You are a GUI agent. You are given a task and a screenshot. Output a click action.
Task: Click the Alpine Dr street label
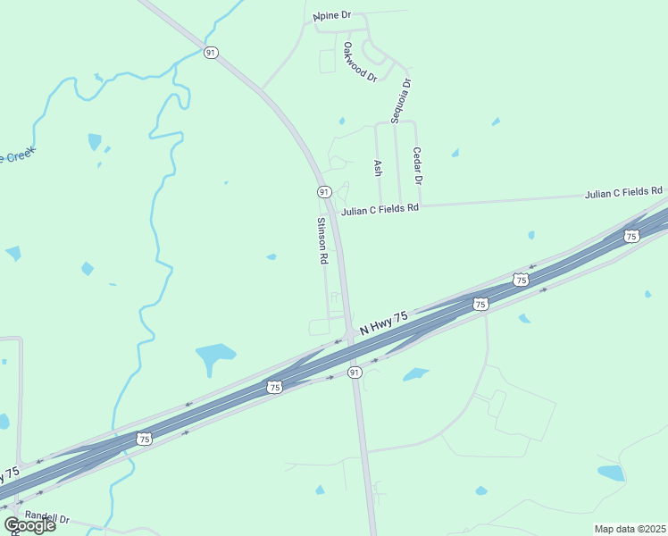[x=332, y=17]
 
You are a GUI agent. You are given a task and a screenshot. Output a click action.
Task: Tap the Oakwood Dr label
[x=360, y=62]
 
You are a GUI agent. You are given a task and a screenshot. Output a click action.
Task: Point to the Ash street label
[x=377, y=168]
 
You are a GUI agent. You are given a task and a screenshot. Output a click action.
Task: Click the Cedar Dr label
[x=417, y=166]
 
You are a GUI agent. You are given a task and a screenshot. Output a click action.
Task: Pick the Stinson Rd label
[x=322, y=240]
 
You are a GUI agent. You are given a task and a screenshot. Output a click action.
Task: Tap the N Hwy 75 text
[x=384, y=323]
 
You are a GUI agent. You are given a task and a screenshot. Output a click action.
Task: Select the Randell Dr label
[x=46, y=517]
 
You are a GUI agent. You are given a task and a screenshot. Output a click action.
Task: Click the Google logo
[x=30, y=525]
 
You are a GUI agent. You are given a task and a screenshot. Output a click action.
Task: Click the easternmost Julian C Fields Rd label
[x=624, y=192]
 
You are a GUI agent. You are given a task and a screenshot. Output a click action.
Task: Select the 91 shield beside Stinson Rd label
[x=323, y=192]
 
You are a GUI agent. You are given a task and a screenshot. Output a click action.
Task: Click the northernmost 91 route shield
[x=211, y=53]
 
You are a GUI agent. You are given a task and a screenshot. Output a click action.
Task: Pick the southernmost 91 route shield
[x=355, y=372]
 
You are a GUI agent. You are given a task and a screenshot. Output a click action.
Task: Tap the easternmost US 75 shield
[x=631, y=236]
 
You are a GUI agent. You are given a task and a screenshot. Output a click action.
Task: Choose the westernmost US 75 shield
[x=144, y=438]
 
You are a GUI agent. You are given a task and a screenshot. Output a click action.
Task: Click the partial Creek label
[x=15, y=157]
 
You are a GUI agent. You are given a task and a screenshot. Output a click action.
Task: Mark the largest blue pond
[x=215, y=357]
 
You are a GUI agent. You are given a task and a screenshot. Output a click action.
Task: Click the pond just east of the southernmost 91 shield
[x=415, y=374]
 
